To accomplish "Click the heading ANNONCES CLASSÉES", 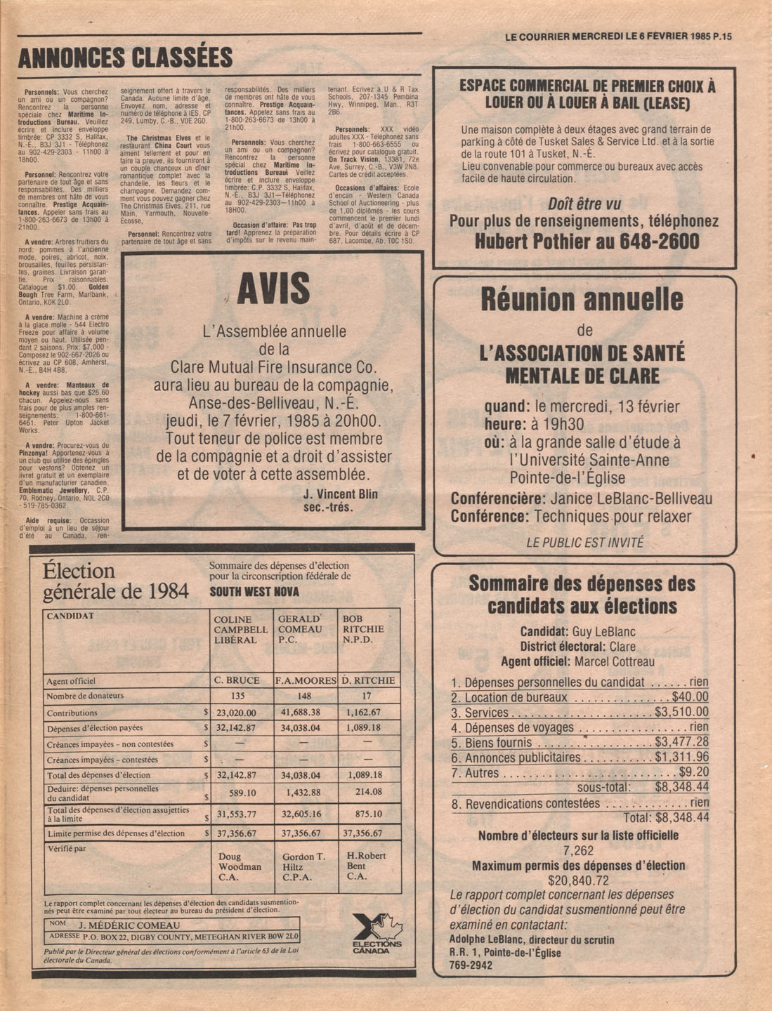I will [125, 58].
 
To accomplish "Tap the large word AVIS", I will [273, 289].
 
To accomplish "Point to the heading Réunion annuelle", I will [582, 300].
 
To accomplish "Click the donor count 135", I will [237, 696].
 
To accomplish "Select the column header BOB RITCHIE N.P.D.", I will [363, 629].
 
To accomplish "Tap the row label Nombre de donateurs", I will [85, 696].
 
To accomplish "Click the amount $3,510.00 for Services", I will [681, 713].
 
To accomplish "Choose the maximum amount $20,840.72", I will [578, 880].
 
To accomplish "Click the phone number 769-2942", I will [471, 965].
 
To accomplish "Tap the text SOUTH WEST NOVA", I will [254, 592].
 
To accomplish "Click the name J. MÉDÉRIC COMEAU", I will [129, 925].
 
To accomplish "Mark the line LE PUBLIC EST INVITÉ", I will [584, 542].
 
